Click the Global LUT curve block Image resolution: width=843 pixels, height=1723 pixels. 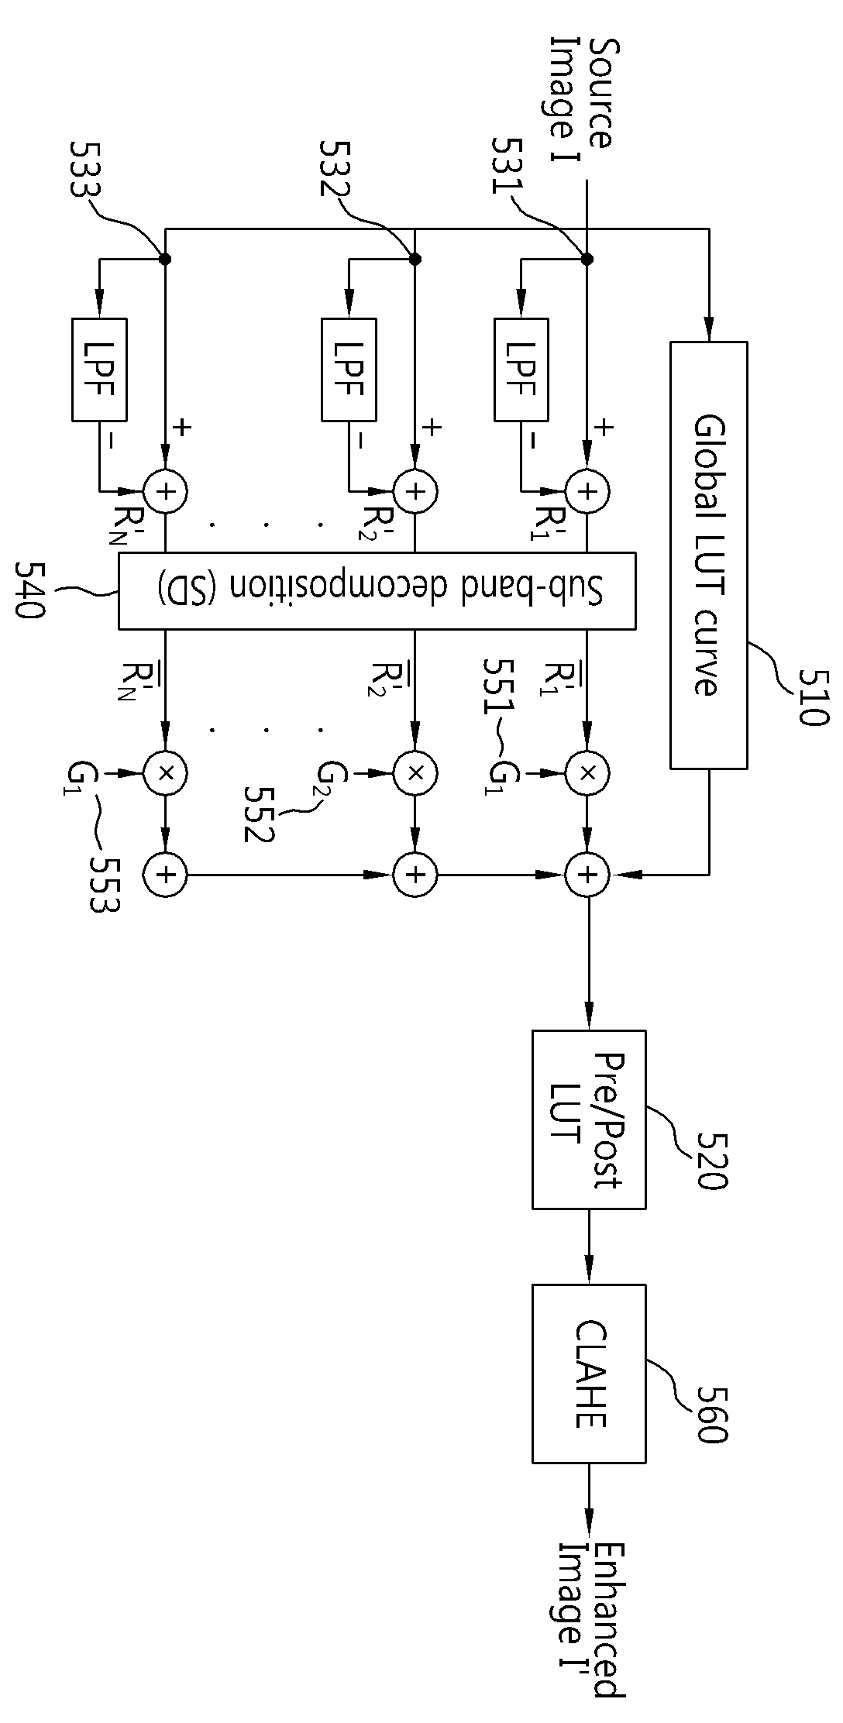708,555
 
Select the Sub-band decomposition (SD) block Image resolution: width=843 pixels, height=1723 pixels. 377,590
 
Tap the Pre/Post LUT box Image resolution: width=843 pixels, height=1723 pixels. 589,1119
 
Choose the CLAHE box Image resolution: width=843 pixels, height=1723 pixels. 589,1374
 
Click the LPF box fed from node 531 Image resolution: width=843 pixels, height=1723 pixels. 521,369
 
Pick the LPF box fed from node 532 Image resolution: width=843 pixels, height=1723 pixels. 349,369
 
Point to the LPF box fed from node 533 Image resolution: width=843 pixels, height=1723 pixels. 99,369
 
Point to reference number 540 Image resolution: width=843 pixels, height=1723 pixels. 31,590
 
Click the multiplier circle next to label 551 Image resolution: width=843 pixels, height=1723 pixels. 587,772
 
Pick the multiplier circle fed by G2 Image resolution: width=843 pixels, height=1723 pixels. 415,772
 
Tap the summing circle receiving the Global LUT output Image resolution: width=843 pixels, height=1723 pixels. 587,875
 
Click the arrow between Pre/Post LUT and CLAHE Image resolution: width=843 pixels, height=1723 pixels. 589,1247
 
